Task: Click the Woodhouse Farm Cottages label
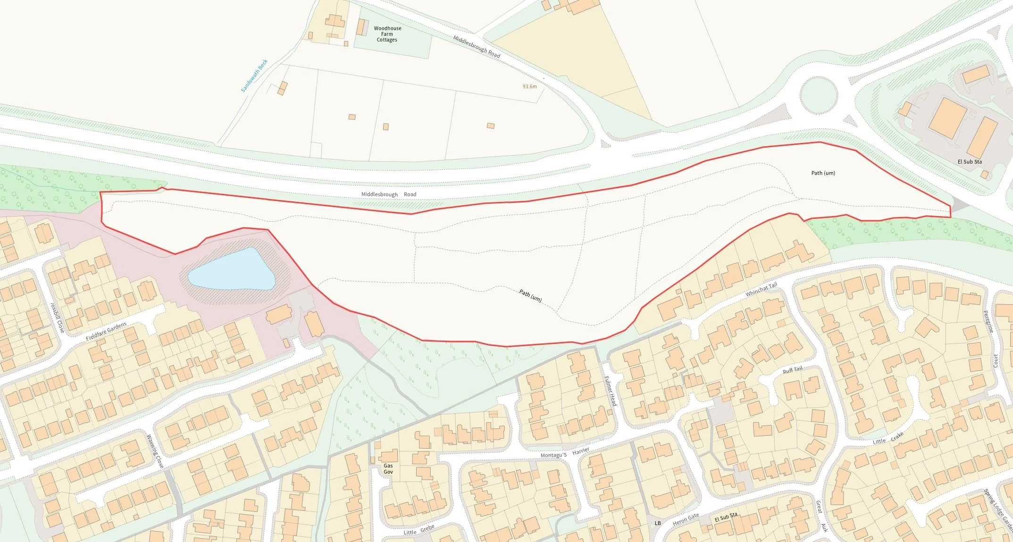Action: click(387, 34)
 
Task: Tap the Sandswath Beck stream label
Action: click(254, 75)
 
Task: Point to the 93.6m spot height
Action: click(529, 87)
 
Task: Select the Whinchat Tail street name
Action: click(761, 290)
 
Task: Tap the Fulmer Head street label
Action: click(610, 391)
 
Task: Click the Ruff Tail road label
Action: click(792, 370)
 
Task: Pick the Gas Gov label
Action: click(388, 468)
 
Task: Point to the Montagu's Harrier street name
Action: click(565, 453)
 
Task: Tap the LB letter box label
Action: click(657, 523)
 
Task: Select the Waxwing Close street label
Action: click(155, 451)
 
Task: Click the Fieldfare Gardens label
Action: click(106, 331)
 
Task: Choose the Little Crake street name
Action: click(887, 438)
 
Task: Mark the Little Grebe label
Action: click(419, 530)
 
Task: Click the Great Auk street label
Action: click(821, 516)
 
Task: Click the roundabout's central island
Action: click(819, 94)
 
